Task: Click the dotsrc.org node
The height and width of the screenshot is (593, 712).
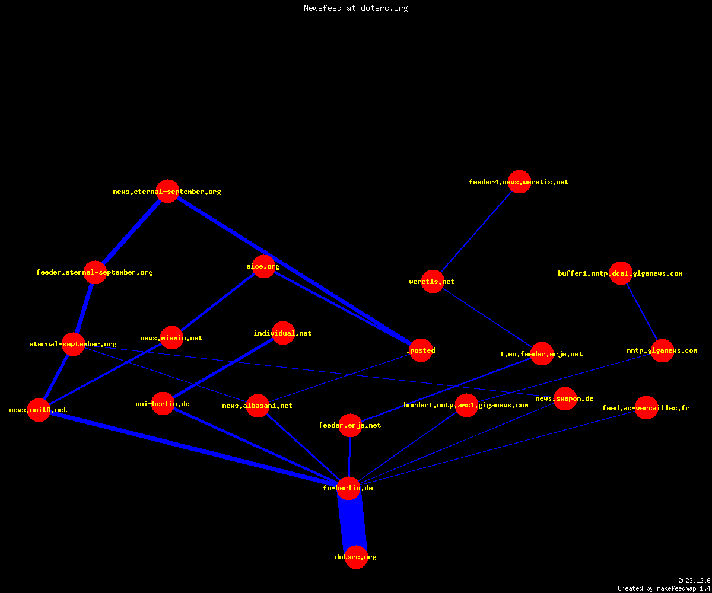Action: [x=356, y=557]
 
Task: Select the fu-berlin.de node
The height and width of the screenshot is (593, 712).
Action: [x=348, y=488]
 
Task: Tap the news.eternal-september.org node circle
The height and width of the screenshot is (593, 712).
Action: [x=167, y=191]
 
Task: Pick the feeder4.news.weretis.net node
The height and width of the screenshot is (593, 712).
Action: [x=519, y=181]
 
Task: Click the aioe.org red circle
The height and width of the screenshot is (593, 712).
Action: [x=263, y=266]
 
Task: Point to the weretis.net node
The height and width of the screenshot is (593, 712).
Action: [x=433, y=281]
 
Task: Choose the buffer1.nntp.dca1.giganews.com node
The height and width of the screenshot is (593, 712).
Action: [x=621, y=273]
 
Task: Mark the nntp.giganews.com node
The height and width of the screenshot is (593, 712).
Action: [x=662, y=350]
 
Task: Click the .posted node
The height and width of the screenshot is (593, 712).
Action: [x=421, y=350]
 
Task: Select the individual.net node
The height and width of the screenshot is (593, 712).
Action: [x=283, y=333]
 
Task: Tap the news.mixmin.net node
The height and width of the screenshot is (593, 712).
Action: [x=171, y=338]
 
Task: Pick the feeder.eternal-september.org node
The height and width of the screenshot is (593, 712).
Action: [x=95, y=272]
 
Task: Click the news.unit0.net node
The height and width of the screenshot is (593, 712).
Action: [x=39, y=410]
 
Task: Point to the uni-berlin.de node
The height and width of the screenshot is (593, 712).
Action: [x=163, y=403]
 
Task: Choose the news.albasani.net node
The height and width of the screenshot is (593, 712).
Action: [x=258, y=406]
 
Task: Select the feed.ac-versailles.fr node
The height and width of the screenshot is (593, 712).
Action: [x=646, y=407]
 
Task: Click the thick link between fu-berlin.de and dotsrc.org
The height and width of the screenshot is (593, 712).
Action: [x=352, y=522]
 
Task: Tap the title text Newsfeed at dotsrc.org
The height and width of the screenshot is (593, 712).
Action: [x=355, y=8]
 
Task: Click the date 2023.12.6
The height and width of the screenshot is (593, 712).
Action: [x=694, y=581]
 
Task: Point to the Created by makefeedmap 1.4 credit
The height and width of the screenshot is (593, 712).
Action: [x=664, y=589]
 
